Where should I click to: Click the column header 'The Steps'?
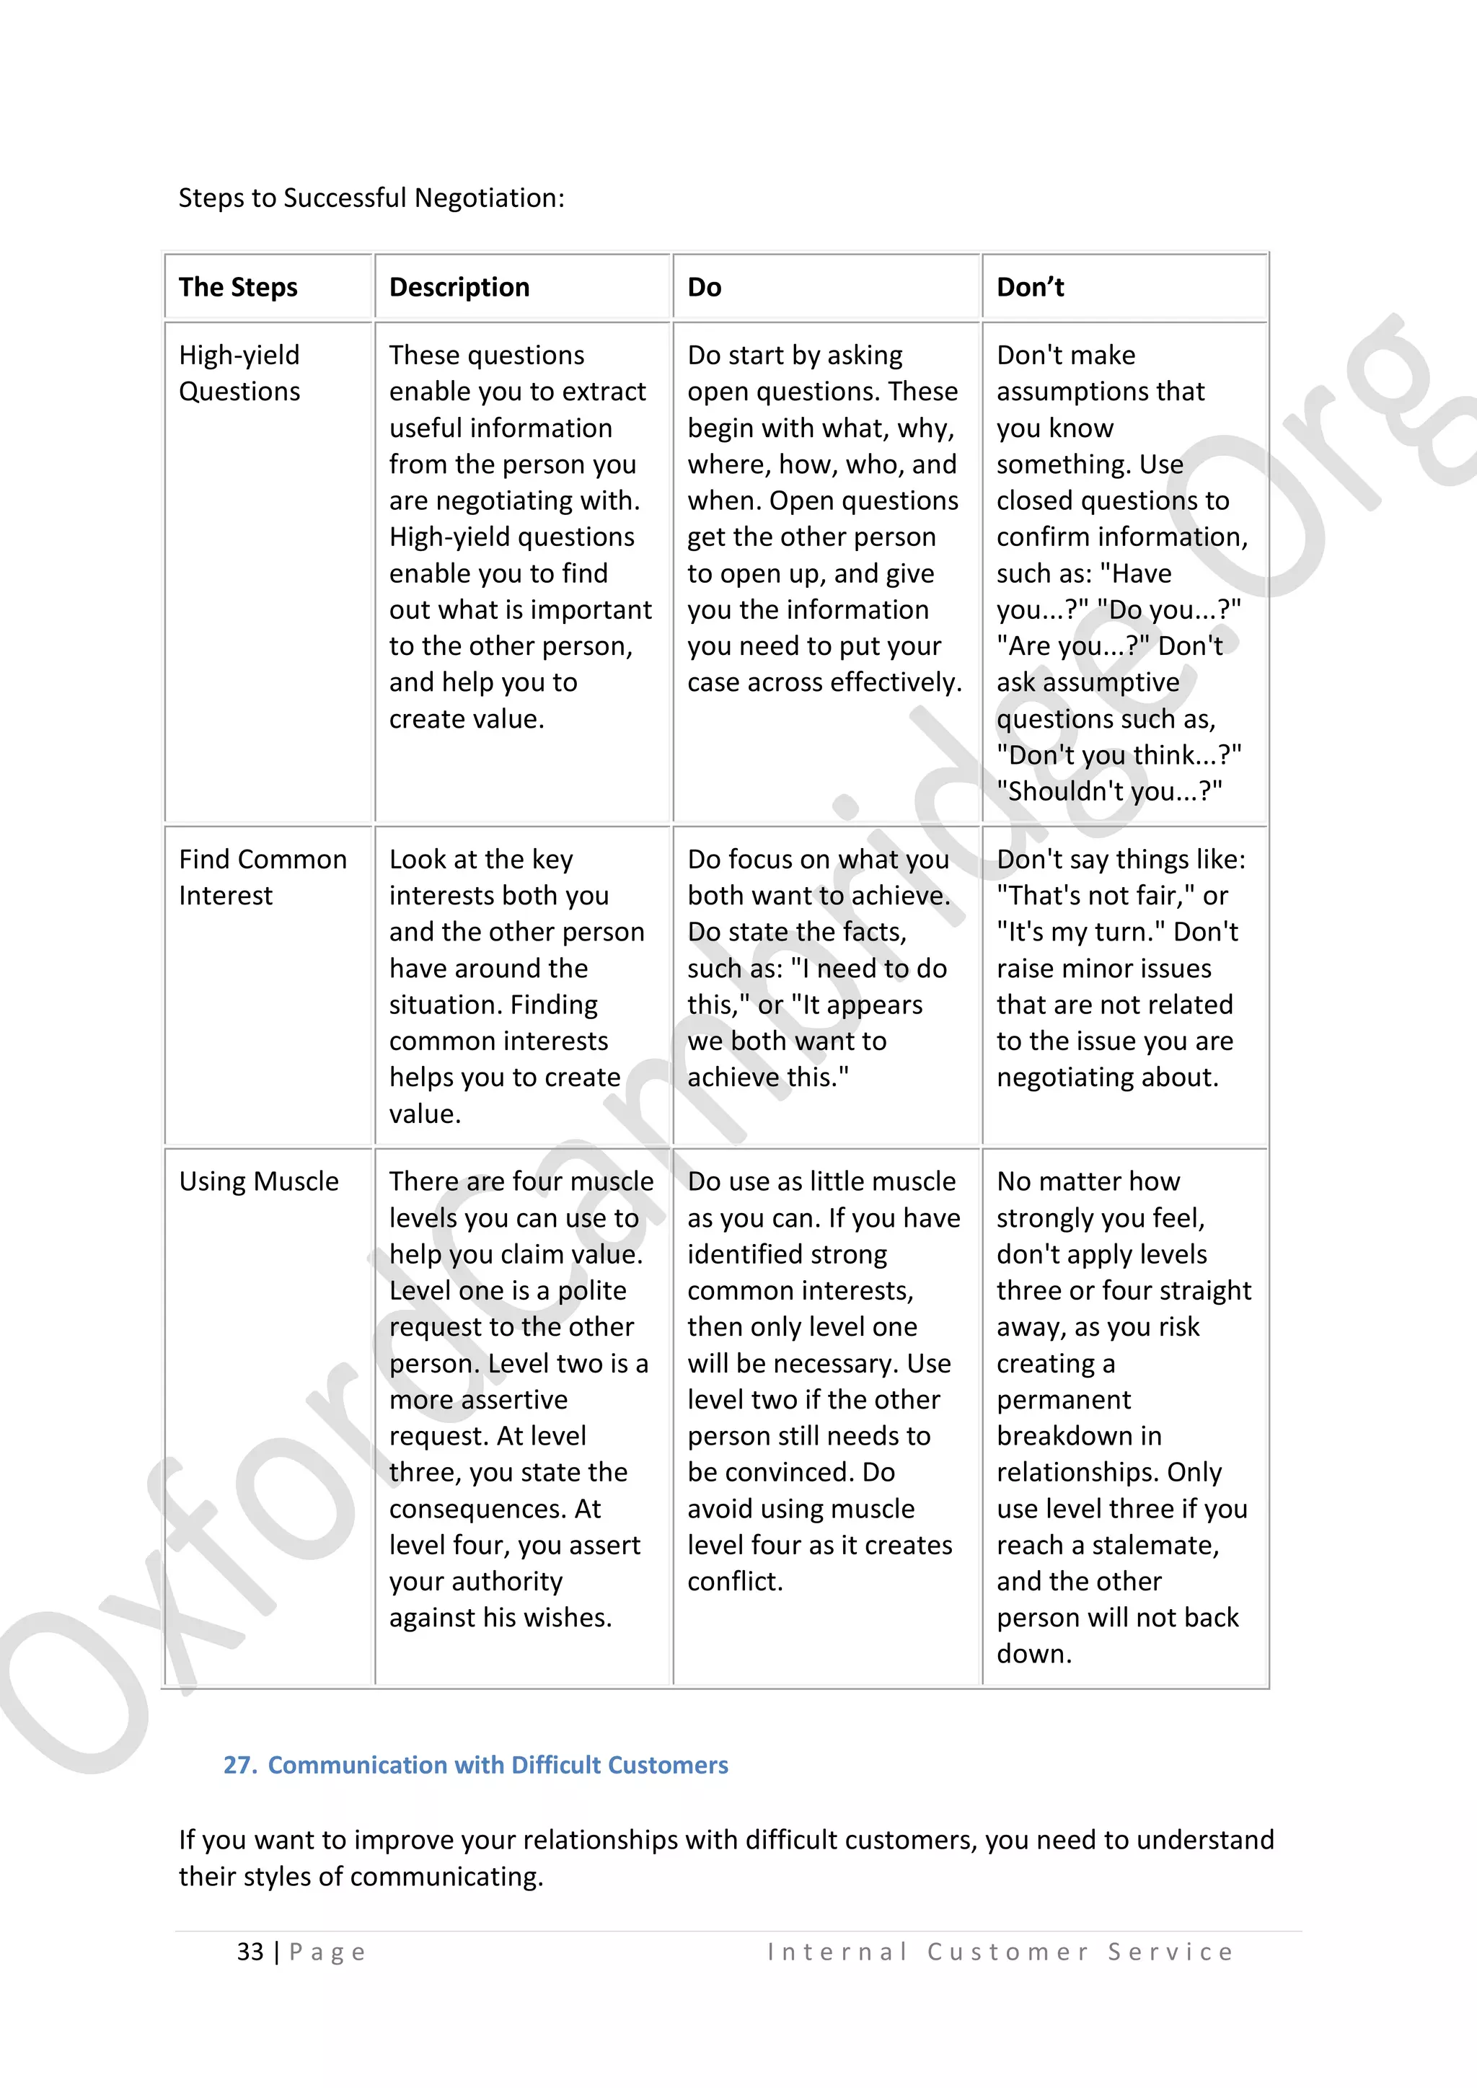pos(237,287)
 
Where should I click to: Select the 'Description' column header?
pos(459,287)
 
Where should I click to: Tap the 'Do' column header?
pos(704,287)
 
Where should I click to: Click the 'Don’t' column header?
pos(1030,287)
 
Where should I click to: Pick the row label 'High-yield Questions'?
pos(239,373)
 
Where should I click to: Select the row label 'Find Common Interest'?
pos(262,876)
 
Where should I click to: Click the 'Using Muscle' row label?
pos(258,1181)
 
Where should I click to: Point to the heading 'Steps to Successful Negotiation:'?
pos(371,198)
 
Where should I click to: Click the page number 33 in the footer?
pos(250,1952)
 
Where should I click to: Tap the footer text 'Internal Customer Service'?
pos(1000,1952)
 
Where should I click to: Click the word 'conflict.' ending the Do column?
pos(735,1582)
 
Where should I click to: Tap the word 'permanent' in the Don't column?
pos(1063,1400)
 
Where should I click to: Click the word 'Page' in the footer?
pos(327,1952)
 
